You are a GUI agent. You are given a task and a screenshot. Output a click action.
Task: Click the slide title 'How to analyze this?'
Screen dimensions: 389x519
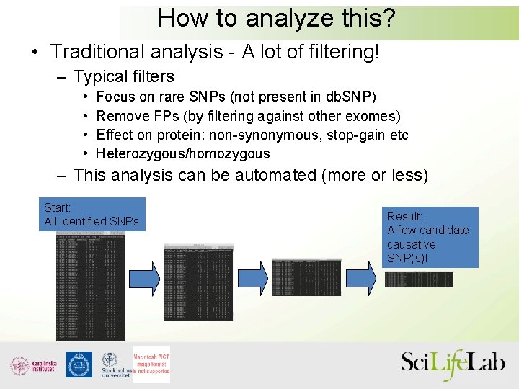coord(277,17)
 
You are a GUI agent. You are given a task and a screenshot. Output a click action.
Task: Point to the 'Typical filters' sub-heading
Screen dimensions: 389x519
coord(124,76)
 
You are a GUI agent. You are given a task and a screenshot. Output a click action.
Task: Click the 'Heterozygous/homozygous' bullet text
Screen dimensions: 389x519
coord(183,153)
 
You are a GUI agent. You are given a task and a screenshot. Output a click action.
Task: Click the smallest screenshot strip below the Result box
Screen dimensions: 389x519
coord(419,280)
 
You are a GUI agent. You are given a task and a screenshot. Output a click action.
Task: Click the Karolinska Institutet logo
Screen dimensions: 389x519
coord(33,365)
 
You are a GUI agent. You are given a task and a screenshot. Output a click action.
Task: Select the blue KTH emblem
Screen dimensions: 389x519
coord(79,365)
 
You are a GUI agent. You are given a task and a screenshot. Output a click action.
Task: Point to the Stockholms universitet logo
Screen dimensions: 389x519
coord(114,365)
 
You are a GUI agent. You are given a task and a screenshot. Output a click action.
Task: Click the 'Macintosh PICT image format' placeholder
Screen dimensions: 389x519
coord(151,365)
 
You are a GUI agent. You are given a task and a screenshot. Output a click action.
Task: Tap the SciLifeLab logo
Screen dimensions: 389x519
coord(453,364)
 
